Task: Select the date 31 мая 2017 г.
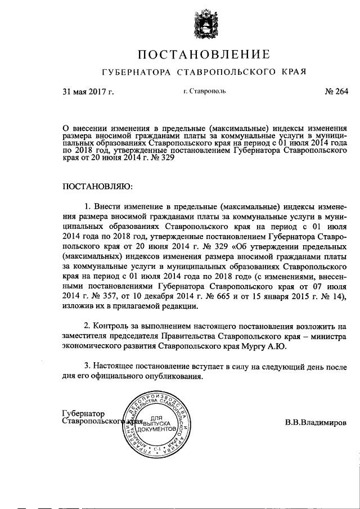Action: click(88, 92)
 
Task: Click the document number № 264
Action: click(336, 92)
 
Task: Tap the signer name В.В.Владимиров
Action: click(316, 422)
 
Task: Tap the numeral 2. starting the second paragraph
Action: click(88, 327)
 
